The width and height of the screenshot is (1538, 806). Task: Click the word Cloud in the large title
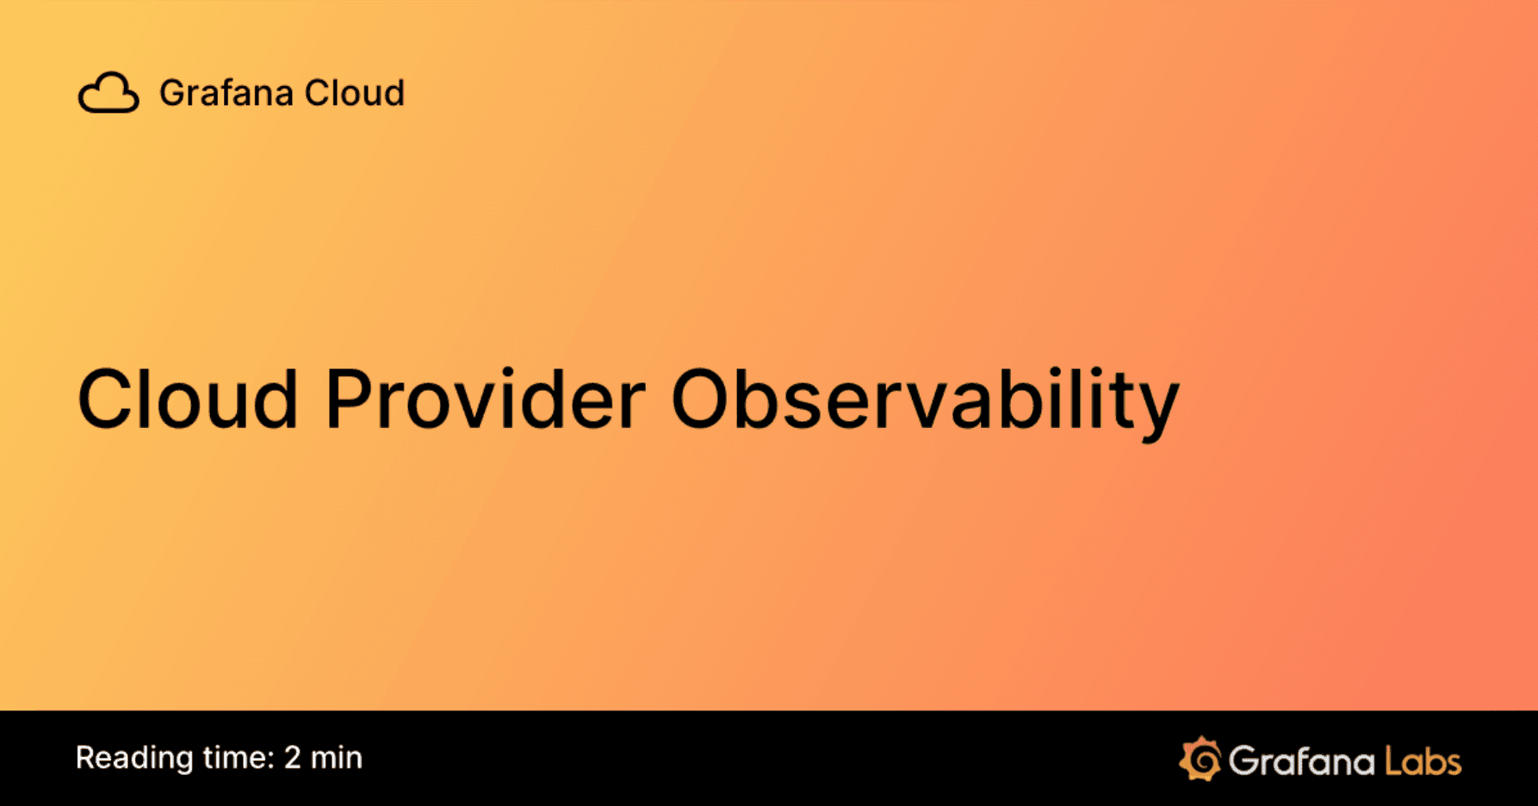point(188,399)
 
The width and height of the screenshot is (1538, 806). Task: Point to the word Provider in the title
point(485,399)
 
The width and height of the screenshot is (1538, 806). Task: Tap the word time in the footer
point(233,758)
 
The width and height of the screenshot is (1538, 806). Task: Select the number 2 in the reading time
point(293,758)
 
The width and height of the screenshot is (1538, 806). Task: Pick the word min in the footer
point(337,758)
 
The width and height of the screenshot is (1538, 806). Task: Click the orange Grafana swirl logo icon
point(1200,759)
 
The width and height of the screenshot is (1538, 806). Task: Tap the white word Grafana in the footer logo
point(1301,761)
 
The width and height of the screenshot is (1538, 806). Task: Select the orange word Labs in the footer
point(1423,761)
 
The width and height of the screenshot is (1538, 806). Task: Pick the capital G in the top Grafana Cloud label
point(173,93)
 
